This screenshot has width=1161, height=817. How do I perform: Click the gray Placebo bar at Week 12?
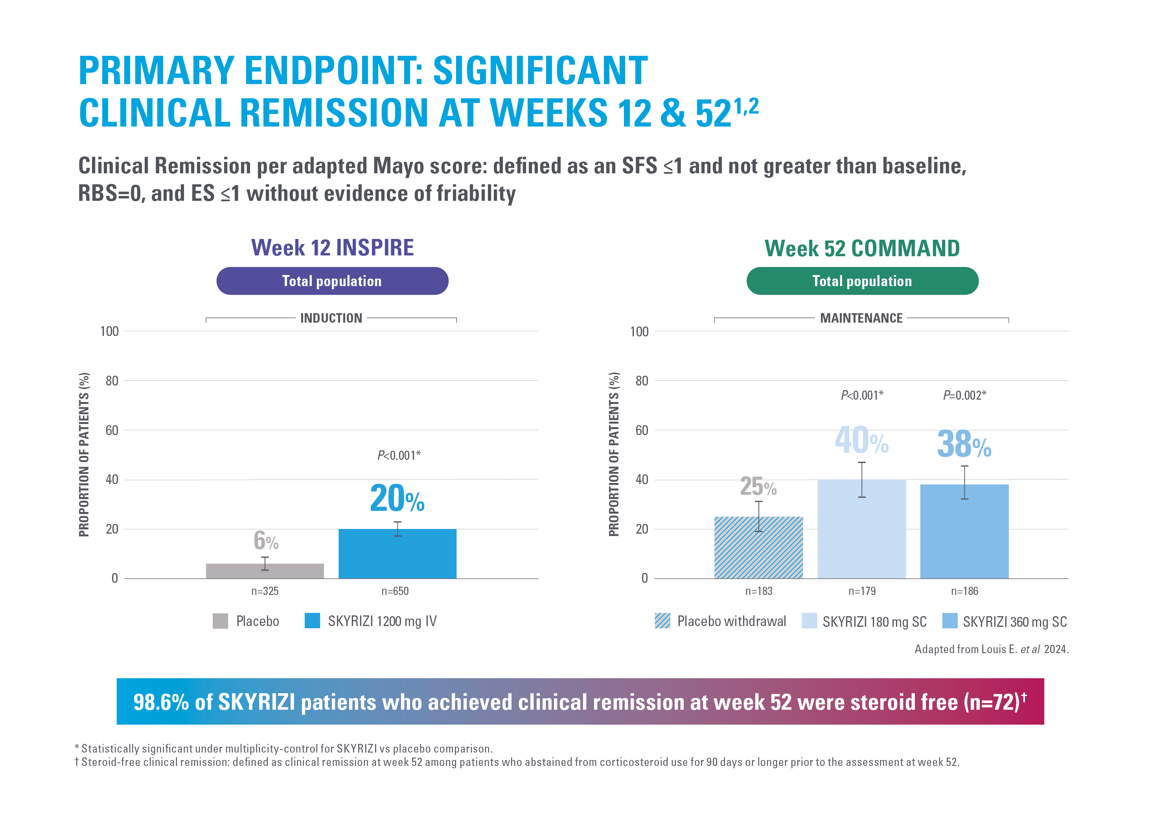coord(265,571)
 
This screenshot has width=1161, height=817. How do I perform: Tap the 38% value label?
coord(964,444)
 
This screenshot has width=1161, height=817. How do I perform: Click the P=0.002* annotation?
coord(964,395)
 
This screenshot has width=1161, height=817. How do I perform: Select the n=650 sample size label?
coord(394,591)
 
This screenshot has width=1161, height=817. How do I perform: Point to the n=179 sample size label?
coord(862,591)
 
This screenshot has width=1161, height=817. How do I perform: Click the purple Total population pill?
coord(332,281)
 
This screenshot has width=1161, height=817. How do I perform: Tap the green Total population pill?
coord(862,281)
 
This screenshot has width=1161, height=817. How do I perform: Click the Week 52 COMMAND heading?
coord(862,248)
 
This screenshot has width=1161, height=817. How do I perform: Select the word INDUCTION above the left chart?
coord(331,318)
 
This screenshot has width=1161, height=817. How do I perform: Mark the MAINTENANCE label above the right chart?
coord(861,318)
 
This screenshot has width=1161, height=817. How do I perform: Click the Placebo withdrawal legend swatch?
coord(662,621)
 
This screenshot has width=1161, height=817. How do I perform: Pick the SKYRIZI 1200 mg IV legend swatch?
coord(312,621)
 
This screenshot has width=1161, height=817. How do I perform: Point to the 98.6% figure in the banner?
coord(161,702)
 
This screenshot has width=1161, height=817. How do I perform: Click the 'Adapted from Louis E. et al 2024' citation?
coord(991,649)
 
